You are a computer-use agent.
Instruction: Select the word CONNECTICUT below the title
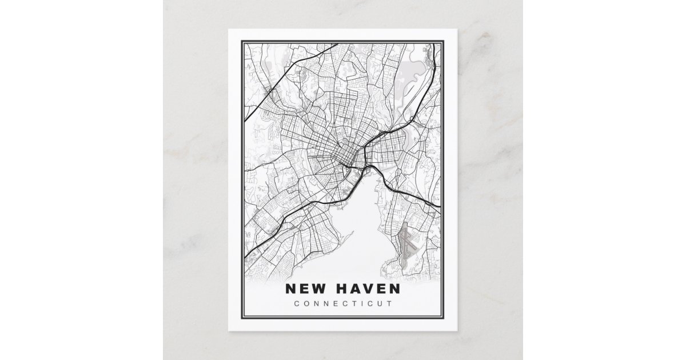[x=342, y=303]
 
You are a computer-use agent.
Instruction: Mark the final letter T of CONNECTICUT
[x=390, y=303]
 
